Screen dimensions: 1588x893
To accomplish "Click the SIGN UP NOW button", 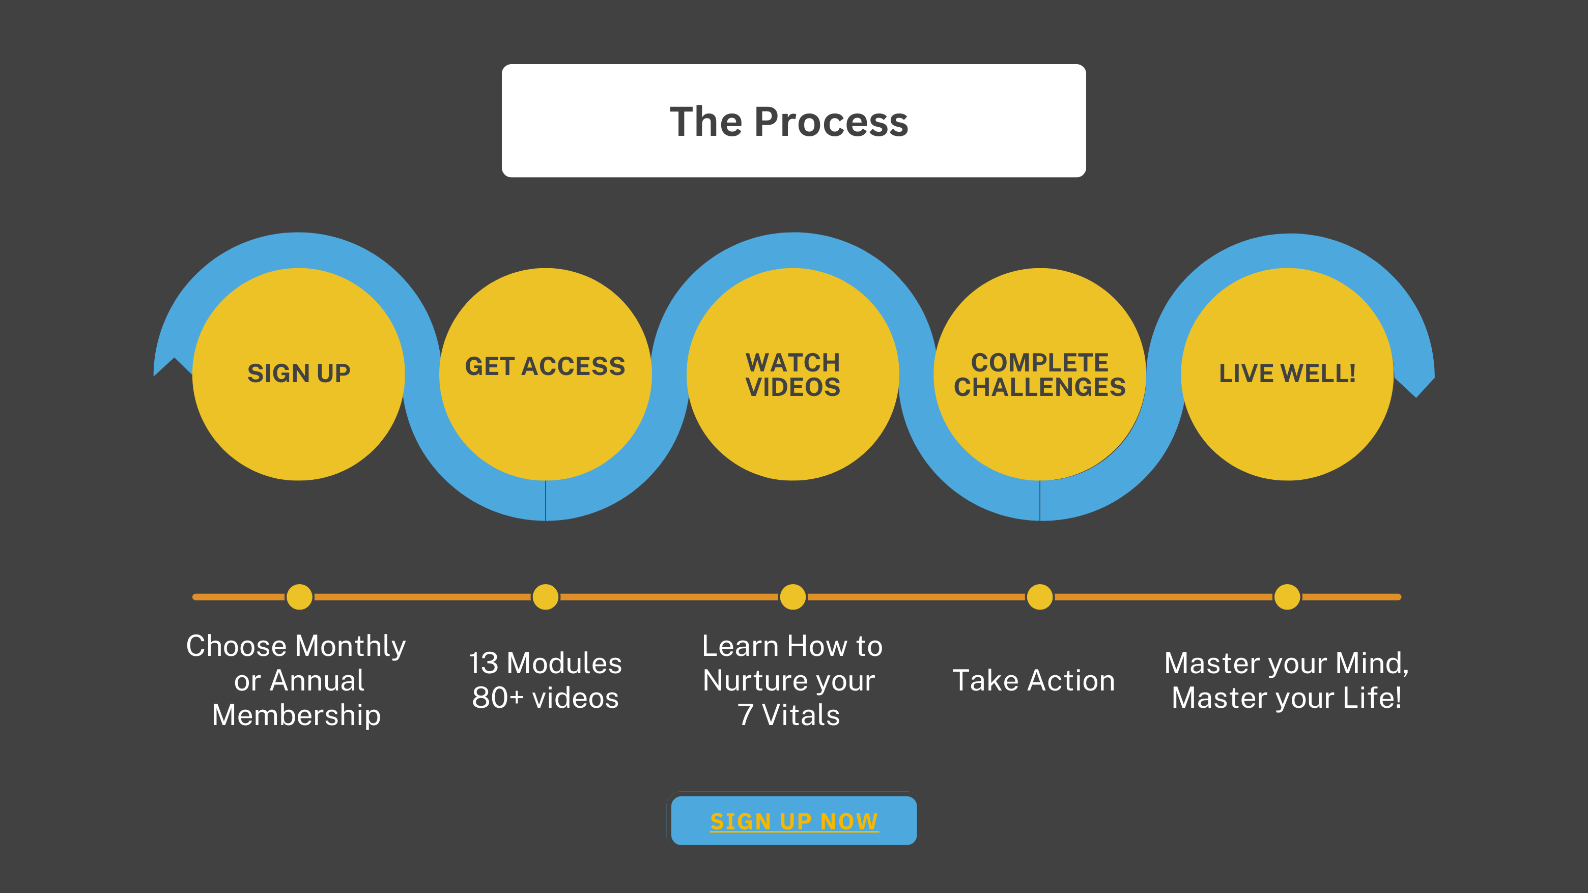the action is pyautogui.click(x=794, y=820).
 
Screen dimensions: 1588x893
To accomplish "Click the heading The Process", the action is pyautogui.click(x=789, y=122).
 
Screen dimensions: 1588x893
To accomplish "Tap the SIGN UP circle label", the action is pyautogui.click(x=299, y=373).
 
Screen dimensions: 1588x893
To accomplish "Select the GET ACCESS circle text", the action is pyautogui.click(x=545, y=366).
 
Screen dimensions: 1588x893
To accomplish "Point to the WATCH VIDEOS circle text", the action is pyautogui.click(x=793, y=375).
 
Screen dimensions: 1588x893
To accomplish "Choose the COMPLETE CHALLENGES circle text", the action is pyautogui.click(x=1040, y=375).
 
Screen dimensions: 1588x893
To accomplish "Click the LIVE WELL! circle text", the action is pyautogui.click(x=1287, y=373).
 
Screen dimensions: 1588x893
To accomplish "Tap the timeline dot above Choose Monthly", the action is pyautogui.click(x=300, y=596).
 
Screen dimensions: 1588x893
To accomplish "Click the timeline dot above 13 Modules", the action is pyautogui.click(x=546, y=596).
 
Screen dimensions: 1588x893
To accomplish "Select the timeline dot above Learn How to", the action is pyautogui.click(x=793, y=596).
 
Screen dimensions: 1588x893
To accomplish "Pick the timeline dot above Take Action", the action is pyautogui.click(x=1040, y=596).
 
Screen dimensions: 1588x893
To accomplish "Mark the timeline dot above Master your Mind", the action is pyautogui.click(x=1287, y=596).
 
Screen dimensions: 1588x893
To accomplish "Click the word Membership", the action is pyautogui.click(x=297, y=715).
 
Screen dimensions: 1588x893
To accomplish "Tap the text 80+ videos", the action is pyautogui.click(x=546, y=698).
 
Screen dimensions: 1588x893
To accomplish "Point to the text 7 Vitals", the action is pyautogui.click(x=789, y=715).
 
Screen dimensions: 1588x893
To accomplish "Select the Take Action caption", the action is pyautogui.click(x=1034, y=680).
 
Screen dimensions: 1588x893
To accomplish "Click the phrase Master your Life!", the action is pyautogui.click(x=1287, y=698).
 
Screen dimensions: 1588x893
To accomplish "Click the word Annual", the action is pyautogui.click(x=317, y=680).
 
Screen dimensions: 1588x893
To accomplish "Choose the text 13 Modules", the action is pyautogui.click(x=546, y=663).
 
